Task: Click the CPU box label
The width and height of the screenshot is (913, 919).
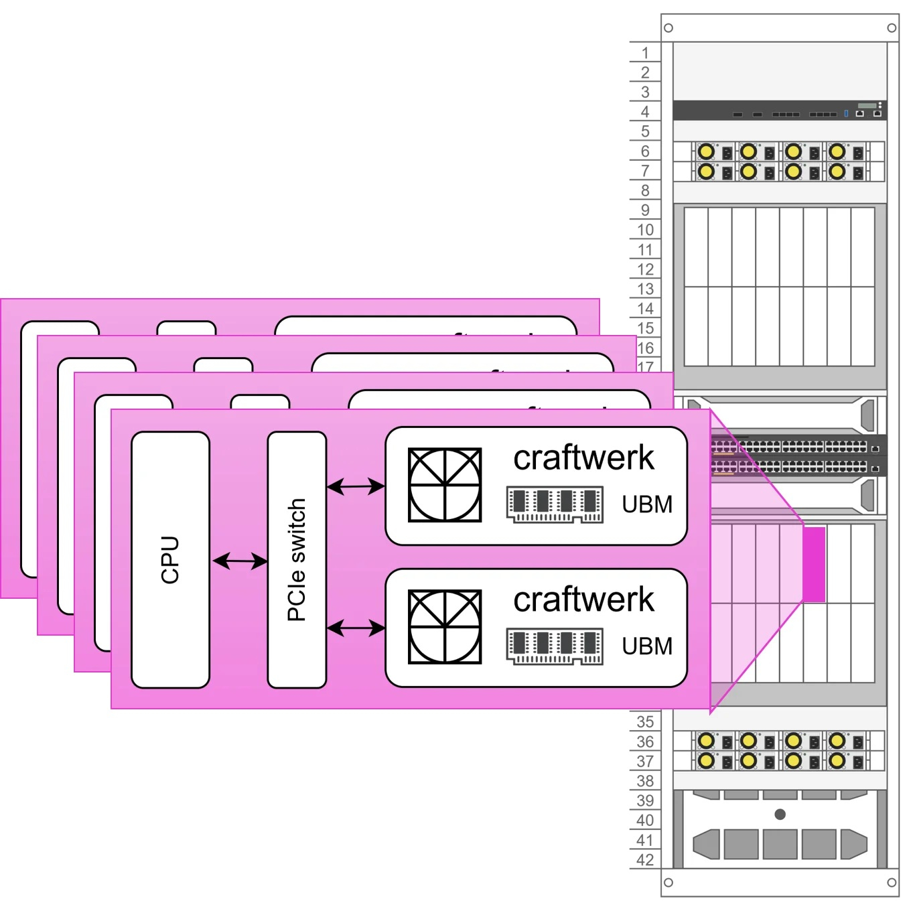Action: click(x=170, y=560)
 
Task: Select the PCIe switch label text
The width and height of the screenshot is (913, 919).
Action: click(x=297, y=560)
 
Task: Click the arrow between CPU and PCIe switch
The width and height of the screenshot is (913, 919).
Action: click(x=239, y=561)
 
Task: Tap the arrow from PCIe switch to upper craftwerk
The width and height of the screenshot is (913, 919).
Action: click(x=356, y=486)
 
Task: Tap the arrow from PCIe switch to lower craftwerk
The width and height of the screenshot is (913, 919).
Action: click(x=356, y=628)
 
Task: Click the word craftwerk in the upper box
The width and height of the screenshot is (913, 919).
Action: click(x=583, y=458)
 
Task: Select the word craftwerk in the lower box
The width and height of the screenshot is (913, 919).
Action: click(x=583, y=600)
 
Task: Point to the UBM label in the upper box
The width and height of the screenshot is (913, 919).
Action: click(x=646, y=504)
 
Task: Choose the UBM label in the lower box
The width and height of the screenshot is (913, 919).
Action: click(x=646, y=646)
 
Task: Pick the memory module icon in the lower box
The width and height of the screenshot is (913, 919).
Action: click(x=555, y=647)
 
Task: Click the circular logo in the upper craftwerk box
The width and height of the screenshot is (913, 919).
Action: click(x=445, y=486)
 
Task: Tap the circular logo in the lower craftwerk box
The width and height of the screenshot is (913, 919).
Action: click(x=445, y=628)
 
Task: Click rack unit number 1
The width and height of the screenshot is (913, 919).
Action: click(x=645, y=53)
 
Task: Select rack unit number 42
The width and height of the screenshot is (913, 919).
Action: click(x=645, y=860)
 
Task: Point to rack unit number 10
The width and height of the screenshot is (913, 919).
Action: click(x=645, y=230)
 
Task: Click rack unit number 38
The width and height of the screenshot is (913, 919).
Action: click(x=645, y=781)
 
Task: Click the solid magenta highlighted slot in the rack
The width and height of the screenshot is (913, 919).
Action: click(x=814, y=565)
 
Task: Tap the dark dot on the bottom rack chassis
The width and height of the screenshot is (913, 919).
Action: click(x=780, y=815)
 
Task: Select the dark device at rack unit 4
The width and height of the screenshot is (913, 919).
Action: click(x=780, y=111)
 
